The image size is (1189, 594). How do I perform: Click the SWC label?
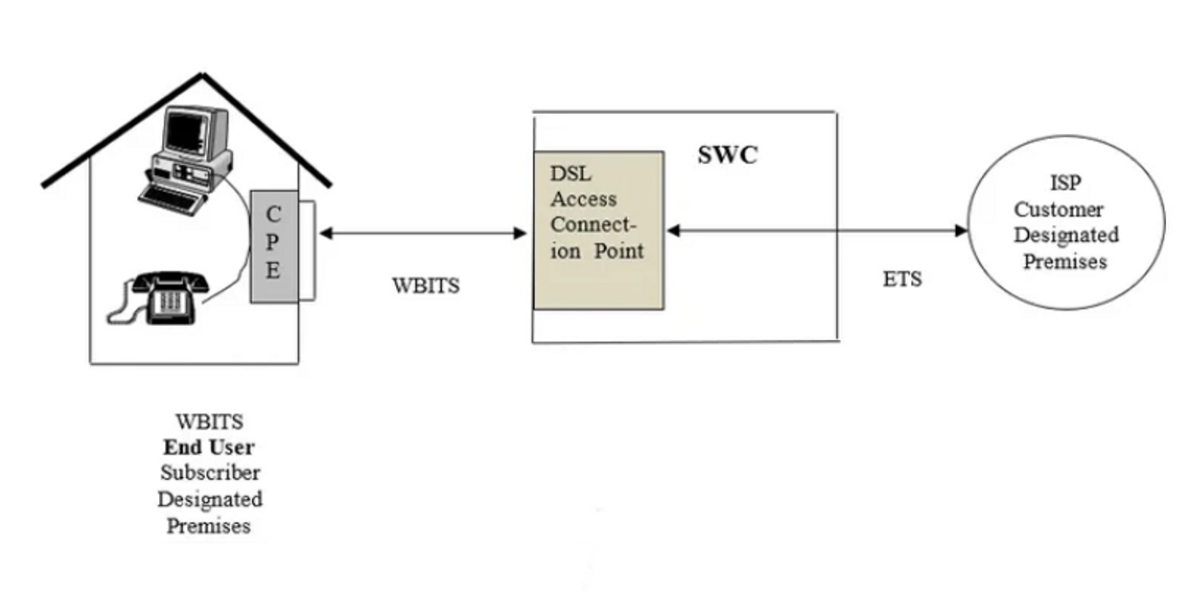[727, 155]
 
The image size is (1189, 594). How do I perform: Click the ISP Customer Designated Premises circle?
[1065, 222]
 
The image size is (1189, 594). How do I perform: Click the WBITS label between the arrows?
[426, 286]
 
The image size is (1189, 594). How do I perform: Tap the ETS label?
[901, 280]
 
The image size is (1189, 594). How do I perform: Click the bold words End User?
[209, 447]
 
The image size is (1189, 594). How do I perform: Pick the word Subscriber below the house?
[210, 473]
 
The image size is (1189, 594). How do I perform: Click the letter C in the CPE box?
[273, 216]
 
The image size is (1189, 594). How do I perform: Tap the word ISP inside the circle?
[1064, 182]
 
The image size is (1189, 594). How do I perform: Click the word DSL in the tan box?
[571, 173]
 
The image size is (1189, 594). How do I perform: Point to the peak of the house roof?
[202, 74]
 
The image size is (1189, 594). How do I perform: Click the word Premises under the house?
[209, 526]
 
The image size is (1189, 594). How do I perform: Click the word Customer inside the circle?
[1059, 209]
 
